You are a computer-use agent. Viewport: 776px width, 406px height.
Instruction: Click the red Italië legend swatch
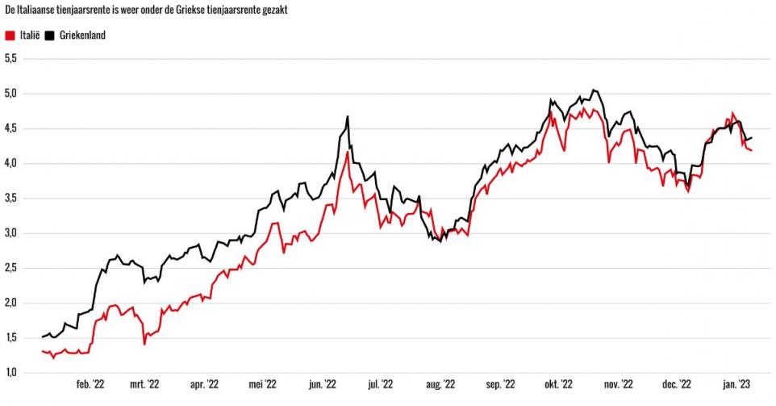[10, 35]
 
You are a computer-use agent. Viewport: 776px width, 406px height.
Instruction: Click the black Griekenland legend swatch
[49, 35]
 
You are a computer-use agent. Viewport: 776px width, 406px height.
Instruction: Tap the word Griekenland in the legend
[82, 35]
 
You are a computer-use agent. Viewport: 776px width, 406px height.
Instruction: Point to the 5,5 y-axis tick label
[10, 58]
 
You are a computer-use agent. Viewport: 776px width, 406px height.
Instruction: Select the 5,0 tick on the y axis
[10, 94]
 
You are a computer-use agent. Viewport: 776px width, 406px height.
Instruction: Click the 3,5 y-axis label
[10, 199]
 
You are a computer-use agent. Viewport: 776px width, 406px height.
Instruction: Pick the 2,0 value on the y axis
[10, 303]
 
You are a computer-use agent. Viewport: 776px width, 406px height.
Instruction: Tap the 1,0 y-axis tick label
[10, 373]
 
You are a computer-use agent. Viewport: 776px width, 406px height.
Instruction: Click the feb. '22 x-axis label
[90, 386]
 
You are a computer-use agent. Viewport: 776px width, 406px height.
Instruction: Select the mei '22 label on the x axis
[264, 386]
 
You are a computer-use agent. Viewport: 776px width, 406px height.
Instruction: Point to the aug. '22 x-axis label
[440, 386]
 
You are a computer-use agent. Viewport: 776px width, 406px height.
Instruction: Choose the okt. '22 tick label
[557, 386]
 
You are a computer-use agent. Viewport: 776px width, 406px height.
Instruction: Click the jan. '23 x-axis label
[736, 386]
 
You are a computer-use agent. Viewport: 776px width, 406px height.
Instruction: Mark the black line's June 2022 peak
[348, 116]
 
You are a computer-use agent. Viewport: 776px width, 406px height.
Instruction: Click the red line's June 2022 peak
[348, 152]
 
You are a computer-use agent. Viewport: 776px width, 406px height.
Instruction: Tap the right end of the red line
[752, 150]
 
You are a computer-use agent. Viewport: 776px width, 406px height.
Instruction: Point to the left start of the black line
[42, 337]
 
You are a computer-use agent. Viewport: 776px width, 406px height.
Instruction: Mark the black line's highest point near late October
[593, 90]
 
